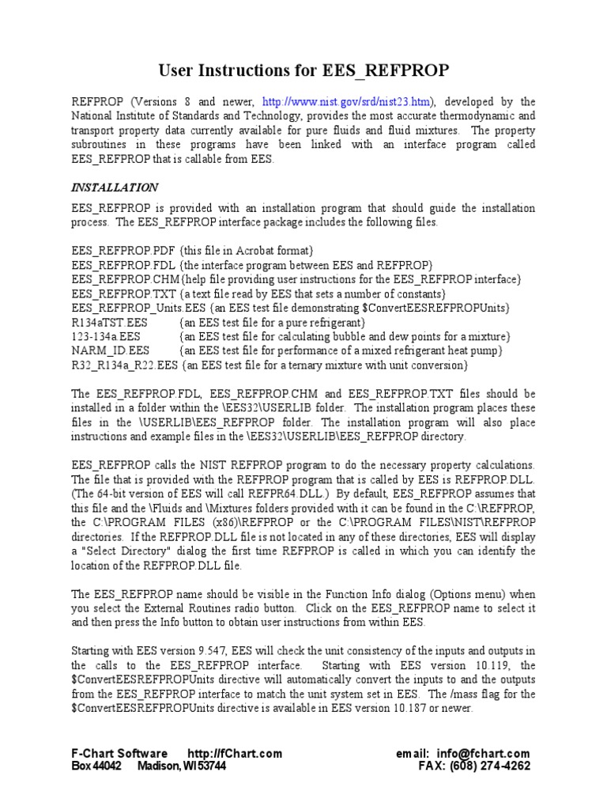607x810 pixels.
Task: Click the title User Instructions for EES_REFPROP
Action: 303,71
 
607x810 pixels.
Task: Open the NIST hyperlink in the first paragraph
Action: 347,102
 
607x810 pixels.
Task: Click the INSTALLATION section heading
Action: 115,187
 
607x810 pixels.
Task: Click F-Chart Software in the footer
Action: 119,754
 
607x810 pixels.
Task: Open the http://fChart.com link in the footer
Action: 234,754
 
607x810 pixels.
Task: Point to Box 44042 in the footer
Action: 96,766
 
